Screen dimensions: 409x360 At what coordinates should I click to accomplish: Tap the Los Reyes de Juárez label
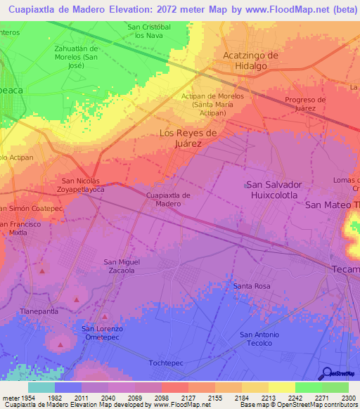point(190,138)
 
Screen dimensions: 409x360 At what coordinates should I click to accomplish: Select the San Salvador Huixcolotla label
point(273,190)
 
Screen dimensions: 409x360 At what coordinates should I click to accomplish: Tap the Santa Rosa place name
point(252,286)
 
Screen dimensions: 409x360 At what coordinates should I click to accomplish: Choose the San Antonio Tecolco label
point(259,339)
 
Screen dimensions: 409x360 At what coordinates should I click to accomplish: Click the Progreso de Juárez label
point(305,103)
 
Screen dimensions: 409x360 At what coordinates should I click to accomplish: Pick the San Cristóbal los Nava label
point(149,31)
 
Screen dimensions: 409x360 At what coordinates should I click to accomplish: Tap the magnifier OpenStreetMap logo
point(327,373)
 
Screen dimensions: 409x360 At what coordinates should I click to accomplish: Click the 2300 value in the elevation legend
point(349,398)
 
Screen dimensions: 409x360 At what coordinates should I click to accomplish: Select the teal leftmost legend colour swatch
point(41,387)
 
